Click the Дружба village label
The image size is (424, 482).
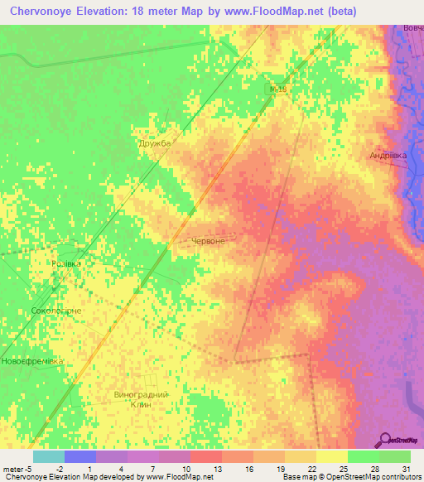click(154, 143)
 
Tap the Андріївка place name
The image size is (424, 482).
click(388, 155)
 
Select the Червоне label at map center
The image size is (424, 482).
click(208, 240)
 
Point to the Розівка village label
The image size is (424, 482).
click(67, 263)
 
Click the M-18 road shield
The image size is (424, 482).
click(279, 88)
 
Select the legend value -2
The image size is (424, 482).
click(71, 470)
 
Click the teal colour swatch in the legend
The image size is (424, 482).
click(49, 456)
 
